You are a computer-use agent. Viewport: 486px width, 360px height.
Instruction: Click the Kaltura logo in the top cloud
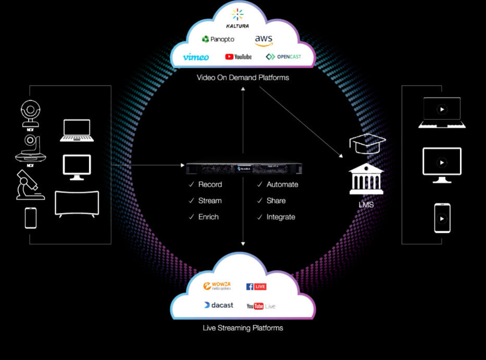pos(237,18)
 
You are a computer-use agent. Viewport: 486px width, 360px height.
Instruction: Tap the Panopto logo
pos(218,39)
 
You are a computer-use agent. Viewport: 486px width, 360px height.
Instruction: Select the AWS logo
pos(264,40)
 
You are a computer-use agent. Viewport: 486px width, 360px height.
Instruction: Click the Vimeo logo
pos(196,57)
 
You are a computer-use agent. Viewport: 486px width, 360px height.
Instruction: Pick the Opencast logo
pos(283,57)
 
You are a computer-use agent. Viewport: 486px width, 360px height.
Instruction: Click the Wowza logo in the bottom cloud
pos(217,286)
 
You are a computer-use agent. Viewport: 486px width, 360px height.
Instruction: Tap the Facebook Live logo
pos(256,287)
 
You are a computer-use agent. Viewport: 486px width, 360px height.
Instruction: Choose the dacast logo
pos(219,305)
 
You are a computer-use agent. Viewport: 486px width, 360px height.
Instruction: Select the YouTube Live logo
pos(261,306)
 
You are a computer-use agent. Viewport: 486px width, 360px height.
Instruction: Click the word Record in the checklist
pos(210,184)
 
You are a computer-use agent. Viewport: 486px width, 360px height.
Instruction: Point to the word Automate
pos(282,184)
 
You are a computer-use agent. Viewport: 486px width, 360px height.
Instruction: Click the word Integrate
pos(281,217)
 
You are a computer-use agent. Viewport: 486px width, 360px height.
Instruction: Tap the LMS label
pos(366,205)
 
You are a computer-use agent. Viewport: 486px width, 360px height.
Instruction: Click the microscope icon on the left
pos(30,185)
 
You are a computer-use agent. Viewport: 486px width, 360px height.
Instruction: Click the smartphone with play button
pos(442,218)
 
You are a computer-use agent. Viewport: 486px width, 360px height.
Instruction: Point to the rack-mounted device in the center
pos(243,169)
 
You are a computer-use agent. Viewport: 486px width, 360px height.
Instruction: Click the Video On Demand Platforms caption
pos(243,78)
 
